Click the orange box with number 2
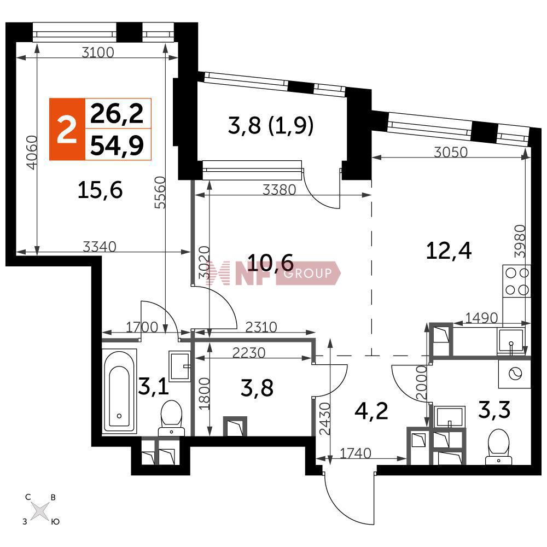click(67, 129)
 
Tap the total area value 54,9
click(117, 145)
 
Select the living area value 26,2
click(117, 114)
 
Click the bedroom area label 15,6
click(100, 190)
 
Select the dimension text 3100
click(98, 53)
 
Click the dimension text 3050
click(451, 152)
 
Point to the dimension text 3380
click(279, 190)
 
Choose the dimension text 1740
click(355, 453)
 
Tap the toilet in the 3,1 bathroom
click(171, 418)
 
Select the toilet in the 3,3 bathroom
click(499, 447)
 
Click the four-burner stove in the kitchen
click(517, 281)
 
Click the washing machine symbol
click(515, 374)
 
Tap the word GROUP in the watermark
click(307, 273)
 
